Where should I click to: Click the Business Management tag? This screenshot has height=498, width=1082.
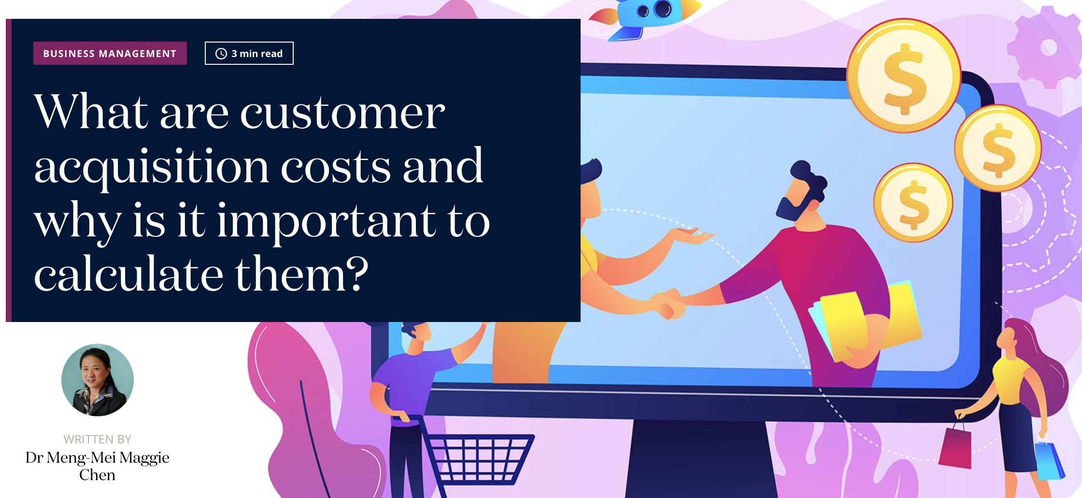[110, 53]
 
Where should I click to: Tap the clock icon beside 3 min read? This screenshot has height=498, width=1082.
[221, 54]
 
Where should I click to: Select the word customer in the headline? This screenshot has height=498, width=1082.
[342, 112]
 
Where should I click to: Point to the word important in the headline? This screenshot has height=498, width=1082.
[327, 221]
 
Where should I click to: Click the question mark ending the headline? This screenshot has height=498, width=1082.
[357, 273]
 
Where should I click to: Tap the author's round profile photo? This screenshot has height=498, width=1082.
[98, 380]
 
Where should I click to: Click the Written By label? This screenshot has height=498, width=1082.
[98, 439]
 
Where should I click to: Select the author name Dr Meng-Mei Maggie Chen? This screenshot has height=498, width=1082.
[98, 466]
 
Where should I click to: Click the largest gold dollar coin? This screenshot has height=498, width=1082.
[904, 76]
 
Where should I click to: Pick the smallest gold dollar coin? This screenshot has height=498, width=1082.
[913, 203]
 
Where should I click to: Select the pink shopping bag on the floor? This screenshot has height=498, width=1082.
[955, 447]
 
